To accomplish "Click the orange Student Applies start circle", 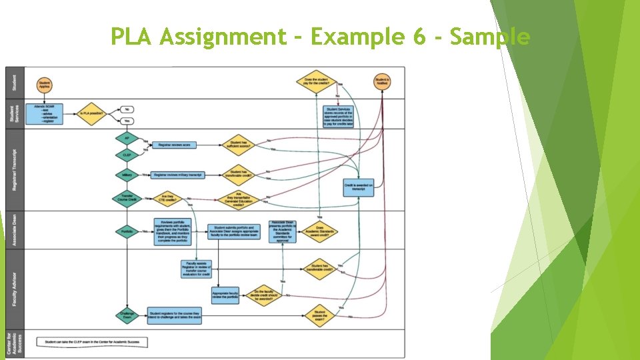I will point(45,84).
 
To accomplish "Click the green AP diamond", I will point(127,138).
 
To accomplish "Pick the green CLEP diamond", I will point(127,155).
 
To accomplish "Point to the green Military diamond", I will point(127,175).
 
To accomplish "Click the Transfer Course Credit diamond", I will point(127,199).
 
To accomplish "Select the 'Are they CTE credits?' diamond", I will point(169,199).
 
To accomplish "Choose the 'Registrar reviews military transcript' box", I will point(177,175).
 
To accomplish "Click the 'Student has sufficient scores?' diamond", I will point(239,144).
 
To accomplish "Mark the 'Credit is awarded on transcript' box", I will point(359,187).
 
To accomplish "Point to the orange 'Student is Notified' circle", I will point(383,83).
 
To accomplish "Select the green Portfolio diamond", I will point(127,231).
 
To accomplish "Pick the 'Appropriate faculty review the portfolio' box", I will point(225,295).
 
